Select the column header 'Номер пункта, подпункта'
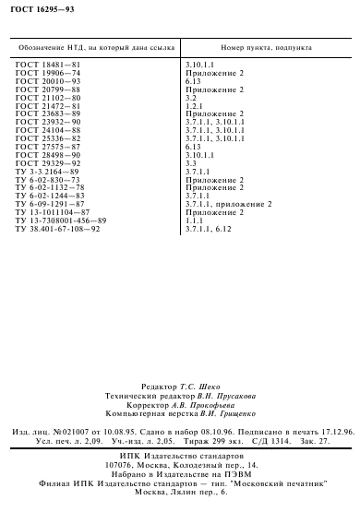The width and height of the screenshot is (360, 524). click(x=267, y=44)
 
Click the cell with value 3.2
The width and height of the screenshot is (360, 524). click(x=191, y=96)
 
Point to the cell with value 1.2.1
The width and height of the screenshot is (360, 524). click(x=194, y=107)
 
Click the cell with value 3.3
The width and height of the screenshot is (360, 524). click(x=191, y=163)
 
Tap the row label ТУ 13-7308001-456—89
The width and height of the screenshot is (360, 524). click(x=60, y=220)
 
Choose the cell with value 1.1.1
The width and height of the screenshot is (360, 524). click(x=194, y=220)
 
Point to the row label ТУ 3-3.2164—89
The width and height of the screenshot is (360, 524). click(x=49, y=172)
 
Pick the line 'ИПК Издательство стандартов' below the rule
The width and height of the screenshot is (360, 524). click(x=179, y=457)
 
